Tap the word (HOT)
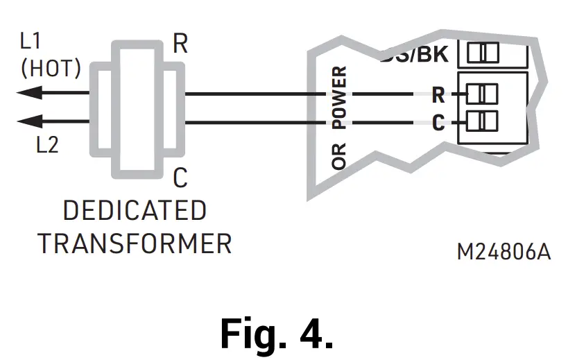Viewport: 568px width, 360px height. (51, 69)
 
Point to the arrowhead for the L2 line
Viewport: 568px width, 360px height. (28, 122)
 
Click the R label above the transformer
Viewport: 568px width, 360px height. (180, 44)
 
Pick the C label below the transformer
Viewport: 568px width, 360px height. (180, 179)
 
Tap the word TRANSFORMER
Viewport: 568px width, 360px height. (135, 243)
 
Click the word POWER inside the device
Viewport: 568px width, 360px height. (340, 98)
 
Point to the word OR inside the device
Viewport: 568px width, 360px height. (340, 156)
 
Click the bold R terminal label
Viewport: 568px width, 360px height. (438, 94)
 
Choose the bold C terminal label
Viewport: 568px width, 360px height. (438, 123)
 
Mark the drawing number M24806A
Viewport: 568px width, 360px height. (504, 252)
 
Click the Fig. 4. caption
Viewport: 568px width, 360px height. (277, 333)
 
